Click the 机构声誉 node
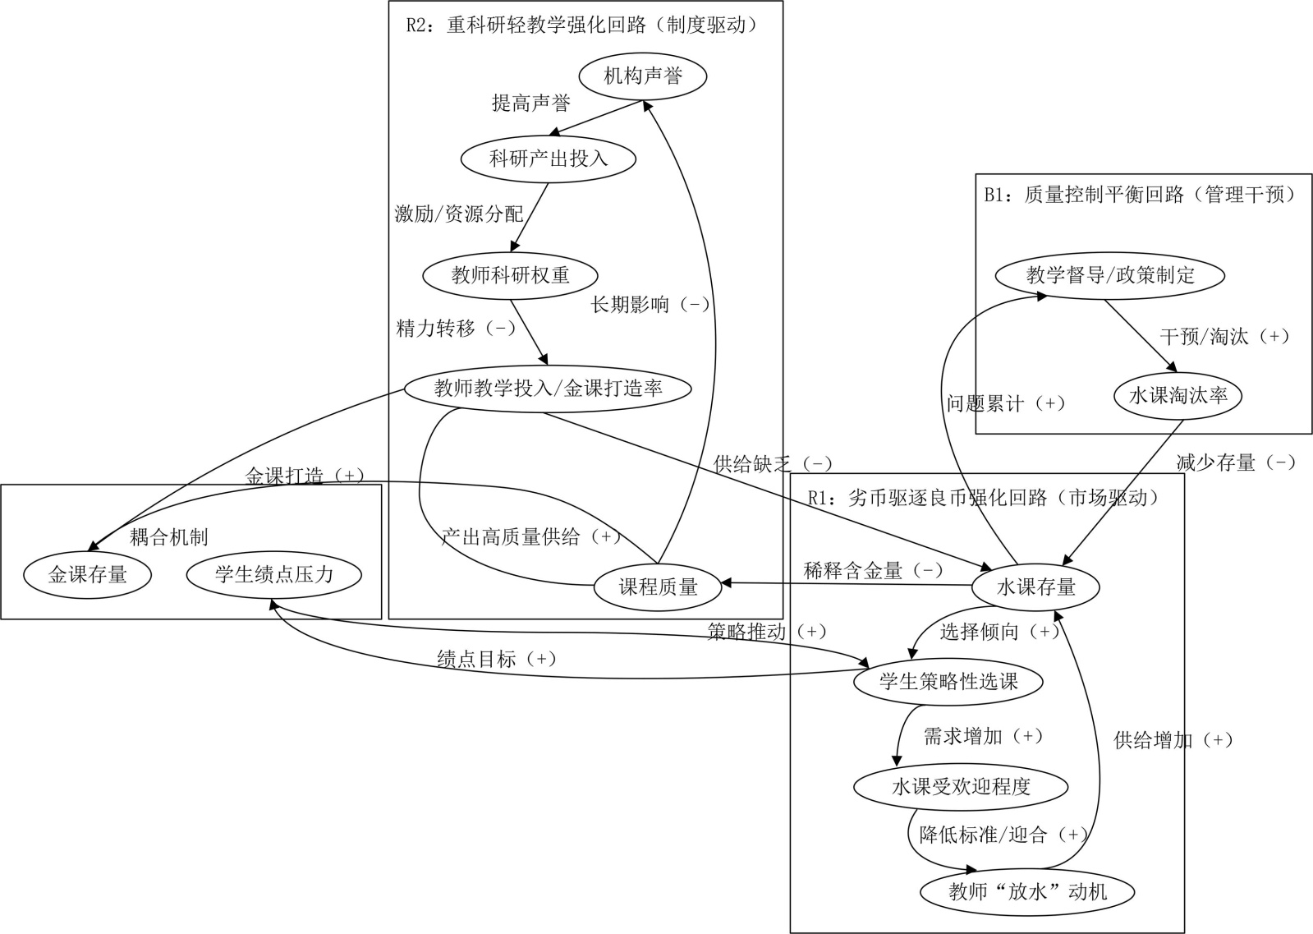[643, 76]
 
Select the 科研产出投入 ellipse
[549, 159]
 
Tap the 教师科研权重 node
[510, 274]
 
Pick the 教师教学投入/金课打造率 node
[548, 388]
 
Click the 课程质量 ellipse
[658, 587]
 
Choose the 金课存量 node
[87, 575]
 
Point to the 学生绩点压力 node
[274, 574]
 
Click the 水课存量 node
[1035, 587]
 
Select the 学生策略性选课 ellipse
[948, 681]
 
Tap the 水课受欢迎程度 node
[961, 786]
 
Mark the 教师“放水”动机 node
[1027, 891]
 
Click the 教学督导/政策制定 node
[1110, 275]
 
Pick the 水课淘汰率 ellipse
[1178, 396]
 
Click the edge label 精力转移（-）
[456, 329]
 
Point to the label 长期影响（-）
[650, 305]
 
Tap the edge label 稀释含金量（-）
[873, 570]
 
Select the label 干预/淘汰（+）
[1224, 336]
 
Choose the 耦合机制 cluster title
[168, 537]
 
